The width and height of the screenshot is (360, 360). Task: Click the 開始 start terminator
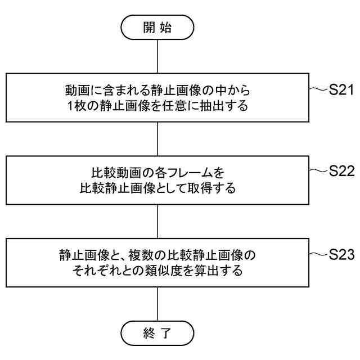point(157,27)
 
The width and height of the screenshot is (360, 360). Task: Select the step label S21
point(341,89)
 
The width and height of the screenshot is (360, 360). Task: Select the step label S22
point(341,172)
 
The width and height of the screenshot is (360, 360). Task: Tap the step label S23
point(341,254)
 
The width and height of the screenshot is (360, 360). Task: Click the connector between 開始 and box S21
point(157,56)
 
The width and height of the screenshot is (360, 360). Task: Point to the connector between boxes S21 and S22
point(157,139)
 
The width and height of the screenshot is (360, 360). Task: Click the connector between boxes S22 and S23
point(157,221)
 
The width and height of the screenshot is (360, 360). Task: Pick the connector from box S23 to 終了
point(157,304)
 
